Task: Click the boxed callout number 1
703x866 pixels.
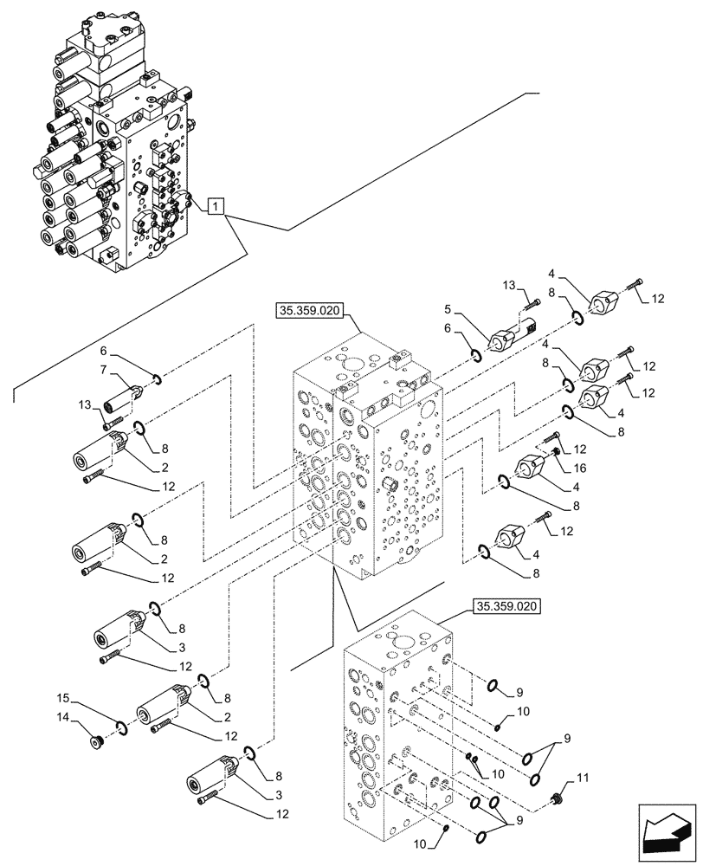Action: coord(216,206)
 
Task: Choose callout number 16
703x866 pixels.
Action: coord(579,467)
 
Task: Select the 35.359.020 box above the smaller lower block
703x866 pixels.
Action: coord(506,607)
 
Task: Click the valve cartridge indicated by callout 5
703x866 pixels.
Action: coord(513,334)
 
